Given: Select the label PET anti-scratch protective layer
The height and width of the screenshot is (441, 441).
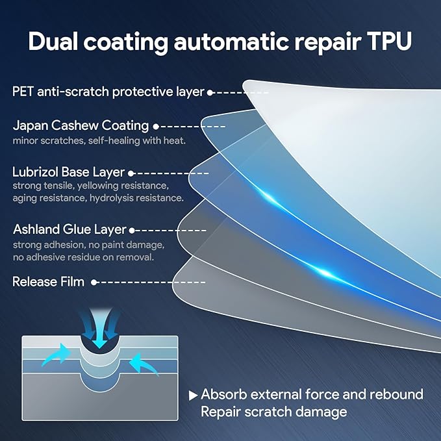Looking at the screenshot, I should [x=108, y=92].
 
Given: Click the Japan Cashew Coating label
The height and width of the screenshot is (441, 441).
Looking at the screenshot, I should [x=81, y=125].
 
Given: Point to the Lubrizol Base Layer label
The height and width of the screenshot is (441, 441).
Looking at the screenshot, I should [x=68, y=172].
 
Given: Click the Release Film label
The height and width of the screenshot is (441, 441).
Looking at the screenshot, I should [x=48, y=282].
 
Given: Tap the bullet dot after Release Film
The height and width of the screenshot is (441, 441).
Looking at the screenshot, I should [x=95, y=282].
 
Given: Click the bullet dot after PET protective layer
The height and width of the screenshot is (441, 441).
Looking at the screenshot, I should [x=210, y=92].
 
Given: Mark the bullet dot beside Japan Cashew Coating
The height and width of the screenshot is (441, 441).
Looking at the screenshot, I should [x=155, y=126].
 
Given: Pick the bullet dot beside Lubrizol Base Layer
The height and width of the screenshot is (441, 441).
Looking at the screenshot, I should [x=131, y=173].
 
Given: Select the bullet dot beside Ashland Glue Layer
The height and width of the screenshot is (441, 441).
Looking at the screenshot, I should [x=132, y=230].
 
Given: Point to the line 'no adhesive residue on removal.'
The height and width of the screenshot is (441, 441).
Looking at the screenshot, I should [x=83, y=257].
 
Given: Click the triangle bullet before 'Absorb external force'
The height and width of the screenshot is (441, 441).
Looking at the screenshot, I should [x=193, y=395].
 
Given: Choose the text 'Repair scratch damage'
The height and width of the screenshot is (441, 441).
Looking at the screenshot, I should [x=273, y=412].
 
